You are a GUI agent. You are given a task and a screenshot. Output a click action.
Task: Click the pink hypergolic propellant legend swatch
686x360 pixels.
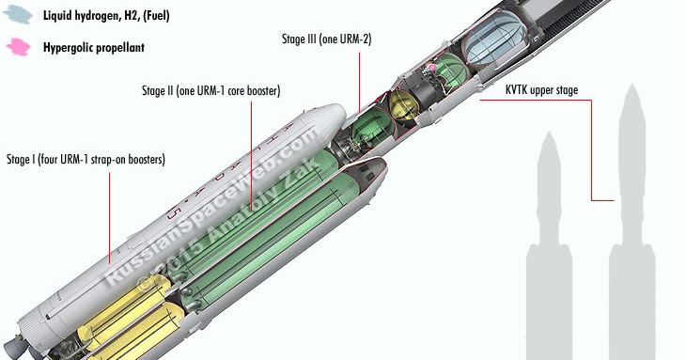pos(19,47)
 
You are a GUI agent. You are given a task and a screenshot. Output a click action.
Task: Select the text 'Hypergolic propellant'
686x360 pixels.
pos(94,48)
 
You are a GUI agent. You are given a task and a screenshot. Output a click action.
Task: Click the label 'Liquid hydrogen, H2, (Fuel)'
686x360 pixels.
pos(106,16)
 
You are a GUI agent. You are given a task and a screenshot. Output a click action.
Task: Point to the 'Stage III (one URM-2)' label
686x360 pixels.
pos(327,39)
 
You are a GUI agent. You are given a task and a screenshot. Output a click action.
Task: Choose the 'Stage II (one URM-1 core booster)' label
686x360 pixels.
pos(210,91)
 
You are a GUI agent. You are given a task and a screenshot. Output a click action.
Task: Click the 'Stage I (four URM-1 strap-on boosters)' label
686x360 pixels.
pos(86,159)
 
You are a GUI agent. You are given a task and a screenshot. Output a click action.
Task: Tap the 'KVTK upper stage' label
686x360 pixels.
pos(541,90)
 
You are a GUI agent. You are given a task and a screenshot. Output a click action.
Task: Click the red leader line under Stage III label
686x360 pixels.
pos(360,82)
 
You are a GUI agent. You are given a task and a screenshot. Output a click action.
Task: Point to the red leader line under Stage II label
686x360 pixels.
pos(251,155)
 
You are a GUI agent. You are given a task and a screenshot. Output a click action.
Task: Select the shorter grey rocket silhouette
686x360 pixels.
pos(549,246)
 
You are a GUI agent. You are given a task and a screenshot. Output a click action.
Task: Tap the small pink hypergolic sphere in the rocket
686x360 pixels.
pos(432,68)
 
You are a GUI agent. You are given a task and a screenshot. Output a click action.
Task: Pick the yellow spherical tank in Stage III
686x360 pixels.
pos(403,105)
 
